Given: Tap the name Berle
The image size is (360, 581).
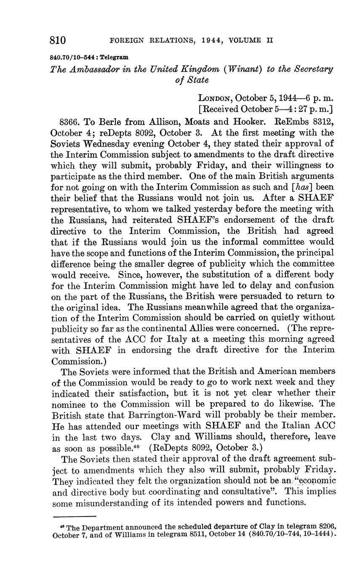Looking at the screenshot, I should tap(111, 122).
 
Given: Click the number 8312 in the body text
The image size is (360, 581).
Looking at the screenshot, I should tap(321, 122).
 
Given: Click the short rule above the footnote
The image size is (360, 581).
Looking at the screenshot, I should tap(75, 516).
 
